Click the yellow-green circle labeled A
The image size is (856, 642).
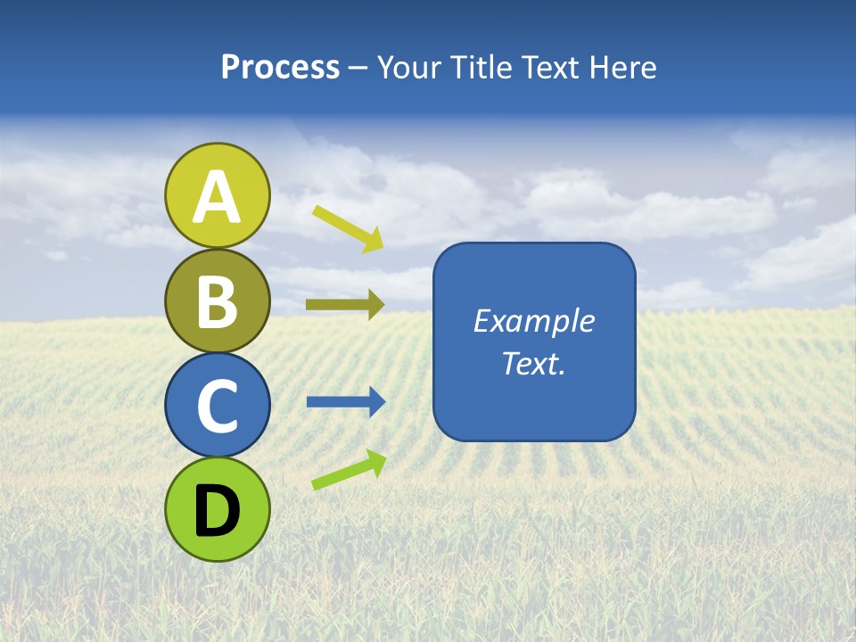point(218,195)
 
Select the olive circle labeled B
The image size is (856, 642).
point(218,300)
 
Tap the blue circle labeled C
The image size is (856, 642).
point(218,405)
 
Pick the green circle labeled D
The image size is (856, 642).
point(218,509)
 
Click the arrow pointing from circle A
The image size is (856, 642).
point(348,228)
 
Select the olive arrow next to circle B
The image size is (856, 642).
point(345,304)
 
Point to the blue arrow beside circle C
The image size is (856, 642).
point(345,402)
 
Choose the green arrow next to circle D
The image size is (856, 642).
point(349,470)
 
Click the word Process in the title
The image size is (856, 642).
point(280,68)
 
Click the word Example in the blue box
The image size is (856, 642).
point(533,321)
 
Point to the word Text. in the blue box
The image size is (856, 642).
point(533,364)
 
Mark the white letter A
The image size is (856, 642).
point(218,197)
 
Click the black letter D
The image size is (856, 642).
point(218,511)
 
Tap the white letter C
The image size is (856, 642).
point(218,407)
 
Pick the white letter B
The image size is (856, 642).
point(218,302)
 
